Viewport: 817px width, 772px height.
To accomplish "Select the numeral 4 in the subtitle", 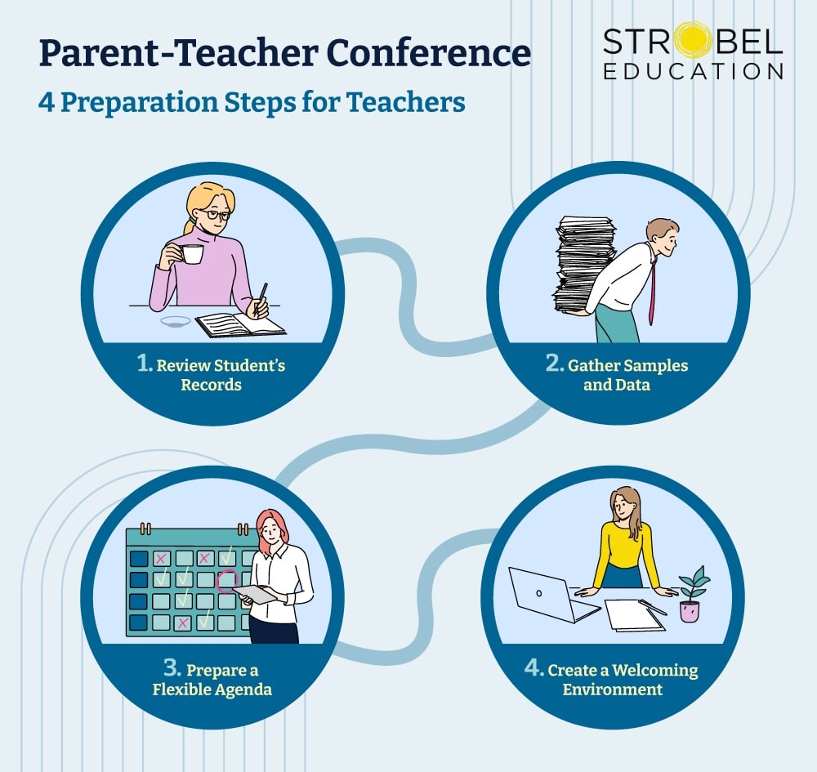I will click(x=47, y=103).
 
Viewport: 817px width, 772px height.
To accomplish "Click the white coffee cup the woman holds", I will click(x=192, y=254).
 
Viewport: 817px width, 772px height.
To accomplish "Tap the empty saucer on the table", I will click(x=175, y=321).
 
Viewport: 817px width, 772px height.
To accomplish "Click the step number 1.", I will click(x=145, y=364).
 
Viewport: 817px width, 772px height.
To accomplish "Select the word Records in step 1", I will click(x=212, y=384).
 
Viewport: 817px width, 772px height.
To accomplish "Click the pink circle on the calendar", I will click(x=226, y=581).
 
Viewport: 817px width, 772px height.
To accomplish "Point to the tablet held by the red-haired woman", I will click(x=255, y=595).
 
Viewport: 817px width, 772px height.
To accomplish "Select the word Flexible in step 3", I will click(x=185, y=689).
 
